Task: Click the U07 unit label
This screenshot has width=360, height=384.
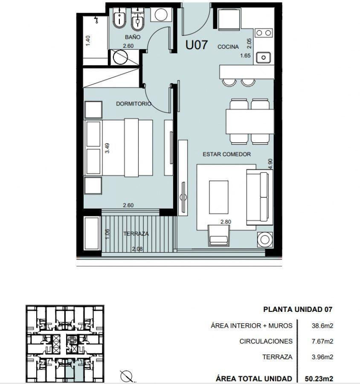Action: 196,45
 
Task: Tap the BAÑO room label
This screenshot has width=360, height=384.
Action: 133,37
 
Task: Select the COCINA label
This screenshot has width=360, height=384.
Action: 228,47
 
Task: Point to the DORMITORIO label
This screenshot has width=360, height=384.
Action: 134,104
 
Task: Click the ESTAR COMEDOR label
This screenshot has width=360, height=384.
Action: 227,154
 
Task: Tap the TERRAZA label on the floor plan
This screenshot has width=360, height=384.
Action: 136,234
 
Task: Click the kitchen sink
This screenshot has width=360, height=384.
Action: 264,58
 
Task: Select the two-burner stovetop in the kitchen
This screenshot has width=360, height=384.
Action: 264,33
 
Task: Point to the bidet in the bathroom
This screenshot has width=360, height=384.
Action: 119,19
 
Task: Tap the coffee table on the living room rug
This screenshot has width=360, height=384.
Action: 219,197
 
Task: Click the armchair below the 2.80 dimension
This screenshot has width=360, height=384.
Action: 219,236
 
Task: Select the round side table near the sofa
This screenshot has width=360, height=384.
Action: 265,239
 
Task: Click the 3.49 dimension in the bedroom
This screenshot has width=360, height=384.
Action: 107,148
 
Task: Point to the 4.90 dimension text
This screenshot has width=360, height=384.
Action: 270,164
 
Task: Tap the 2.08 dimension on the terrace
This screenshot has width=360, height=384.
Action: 137,249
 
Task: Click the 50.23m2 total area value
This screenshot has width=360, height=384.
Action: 319,378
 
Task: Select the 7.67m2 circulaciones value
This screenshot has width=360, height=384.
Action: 322,341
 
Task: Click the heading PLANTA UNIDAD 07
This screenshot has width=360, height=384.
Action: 298,309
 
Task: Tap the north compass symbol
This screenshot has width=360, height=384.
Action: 126,375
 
